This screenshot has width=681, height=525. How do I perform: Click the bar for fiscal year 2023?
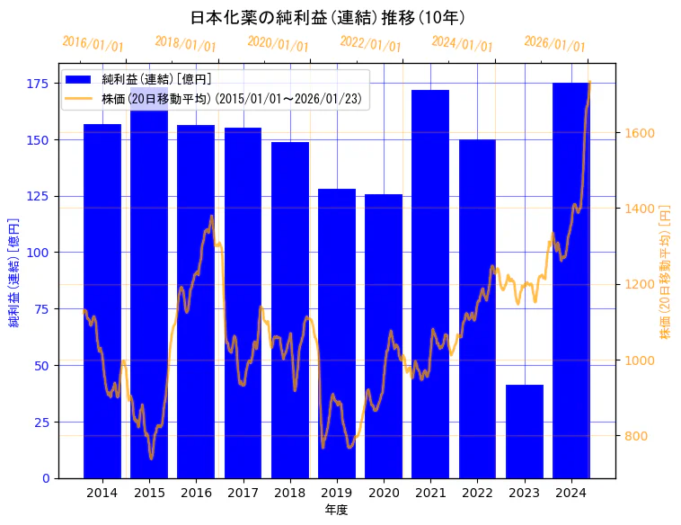(x=525, y=432)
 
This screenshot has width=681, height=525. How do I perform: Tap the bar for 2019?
(x=337, y=333)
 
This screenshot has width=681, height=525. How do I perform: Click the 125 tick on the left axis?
(x=40, y=196)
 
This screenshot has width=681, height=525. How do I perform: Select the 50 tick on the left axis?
(x=43, y=365)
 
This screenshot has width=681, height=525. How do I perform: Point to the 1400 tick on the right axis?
(x=640, y=209)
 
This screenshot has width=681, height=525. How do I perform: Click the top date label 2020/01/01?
(x=278, y=43)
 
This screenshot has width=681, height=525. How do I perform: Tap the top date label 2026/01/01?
(x=554, y=43)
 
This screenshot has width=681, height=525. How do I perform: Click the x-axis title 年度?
(x=337, y=509)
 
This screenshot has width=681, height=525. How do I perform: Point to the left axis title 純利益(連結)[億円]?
(x=14, y=271)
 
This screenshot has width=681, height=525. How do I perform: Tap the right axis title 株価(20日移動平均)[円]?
(x=666, y=271)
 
